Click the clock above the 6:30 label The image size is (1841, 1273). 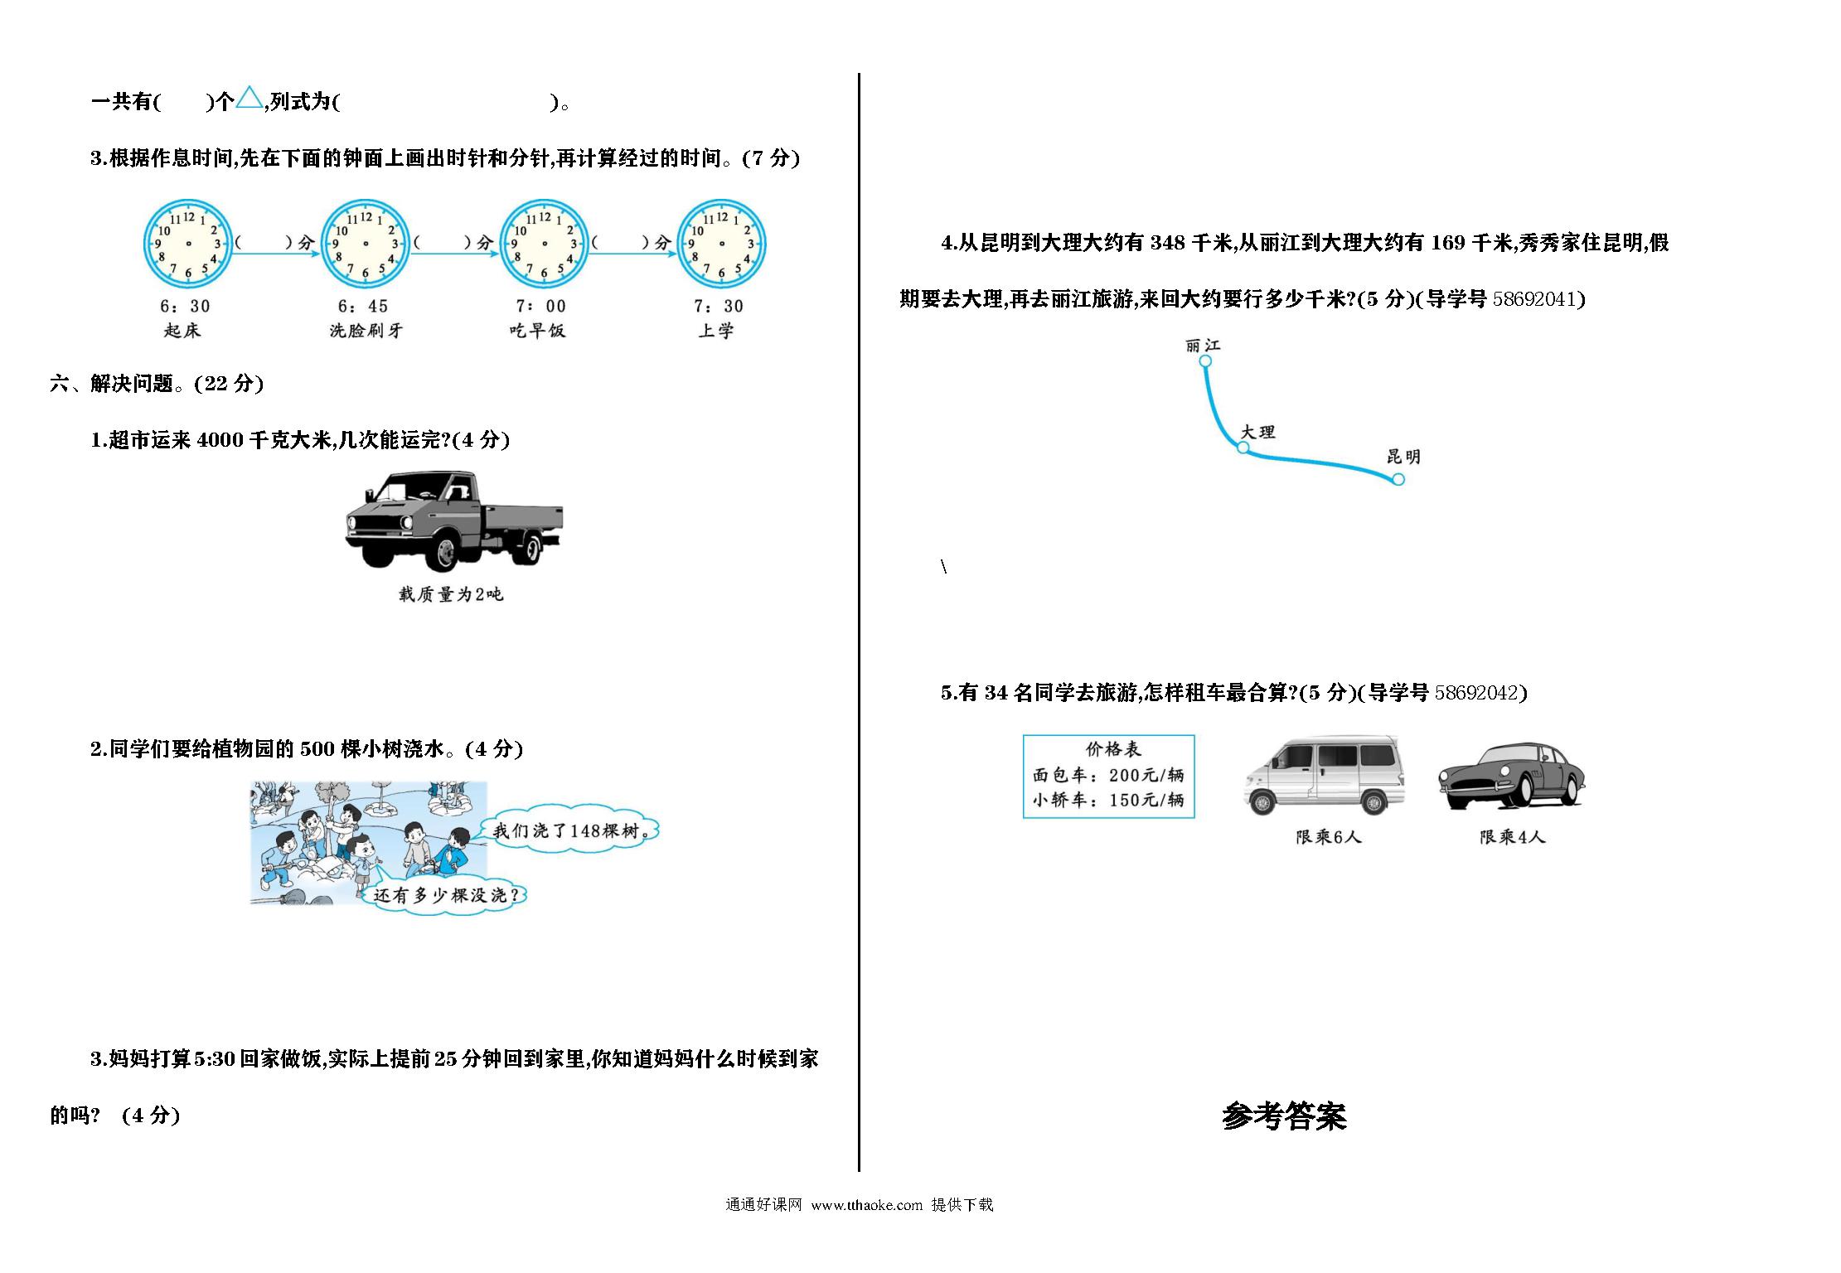[x=188, y=244]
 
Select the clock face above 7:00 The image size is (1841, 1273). [x=544, y=244]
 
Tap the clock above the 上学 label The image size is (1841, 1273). [x=721, y=244]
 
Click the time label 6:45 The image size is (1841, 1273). [x=363, y=306]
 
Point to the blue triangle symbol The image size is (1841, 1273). [x=249, y=99]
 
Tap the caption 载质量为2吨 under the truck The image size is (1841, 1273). [x=451, y=594]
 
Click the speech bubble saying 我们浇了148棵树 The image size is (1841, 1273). [x=570, y=830]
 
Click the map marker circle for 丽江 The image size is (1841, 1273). [x=1205, y=361]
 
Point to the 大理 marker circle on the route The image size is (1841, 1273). [x=1243, y=448]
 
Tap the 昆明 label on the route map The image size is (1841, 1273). [x=1403, y=457]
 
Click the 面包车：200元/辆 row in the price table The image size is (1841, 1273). [x=1108, y=775]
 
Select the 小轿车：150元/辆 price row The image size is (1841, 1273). [x=1108, y=800]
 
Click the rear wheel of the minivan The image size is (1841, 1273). [x=1372, y=802]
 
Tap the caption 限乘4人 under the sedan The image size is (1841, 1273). [x=1513, y=837]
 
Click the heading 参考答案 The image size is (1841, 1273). [x=1284, y=1116]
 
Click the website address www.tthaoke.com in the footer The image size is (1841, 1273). [x=866, y=1205]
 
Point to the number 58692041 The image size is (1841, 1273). [x=1536, y=299]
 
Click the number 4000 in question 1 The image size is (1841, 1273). [x=220, y=440]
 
